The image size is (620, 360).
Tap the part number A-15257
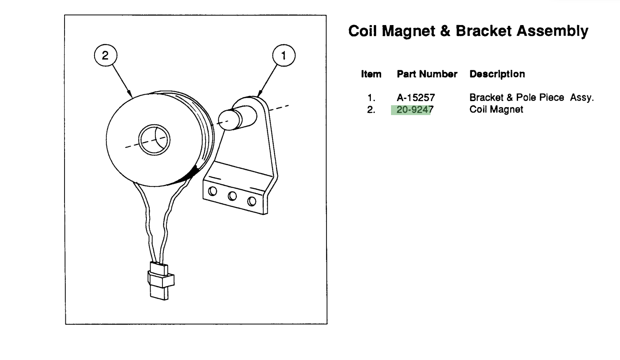(416, 97)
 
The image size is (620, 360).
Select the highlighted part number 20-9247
(415, 110)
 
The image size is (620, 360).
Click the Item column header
(371, 74)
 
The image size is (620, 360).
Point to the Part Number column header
(427, 74)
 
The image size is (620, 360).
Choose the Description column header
(497, 74)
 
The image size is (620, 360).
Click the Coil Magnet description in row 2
(496, 109)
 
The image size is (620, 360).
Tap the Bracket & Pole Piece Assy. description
(532, 97)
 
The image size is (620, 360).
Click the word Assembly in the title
(553, 31)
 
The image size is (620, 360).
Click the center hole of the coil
(154, 139)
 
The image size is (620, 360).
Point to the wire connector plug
(161, 281)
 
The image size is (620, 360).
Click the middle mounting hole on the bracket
(232, 196)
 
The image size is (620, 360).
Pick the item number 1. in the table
(371, 98)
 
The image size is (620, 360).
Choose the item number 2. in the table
(371, 110)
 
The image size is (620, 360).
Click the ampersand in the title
(445, 31)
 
